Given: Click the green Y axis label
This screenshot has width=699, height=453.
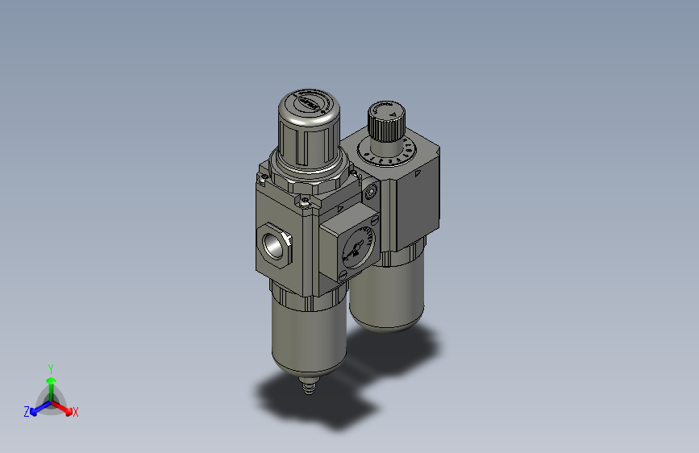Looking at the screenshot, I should (50, 368).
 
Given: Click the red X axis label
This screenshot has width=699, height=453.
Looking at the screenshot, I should (76, 413).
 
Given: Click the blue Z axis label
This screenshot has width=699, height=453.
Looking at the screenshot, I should (26, 412).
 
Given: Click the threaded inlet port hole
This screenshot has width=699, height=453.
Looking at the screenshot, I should (271, 243).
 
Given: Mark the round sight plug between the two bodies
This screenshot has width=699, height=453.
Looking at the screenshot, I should (370, 192).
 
